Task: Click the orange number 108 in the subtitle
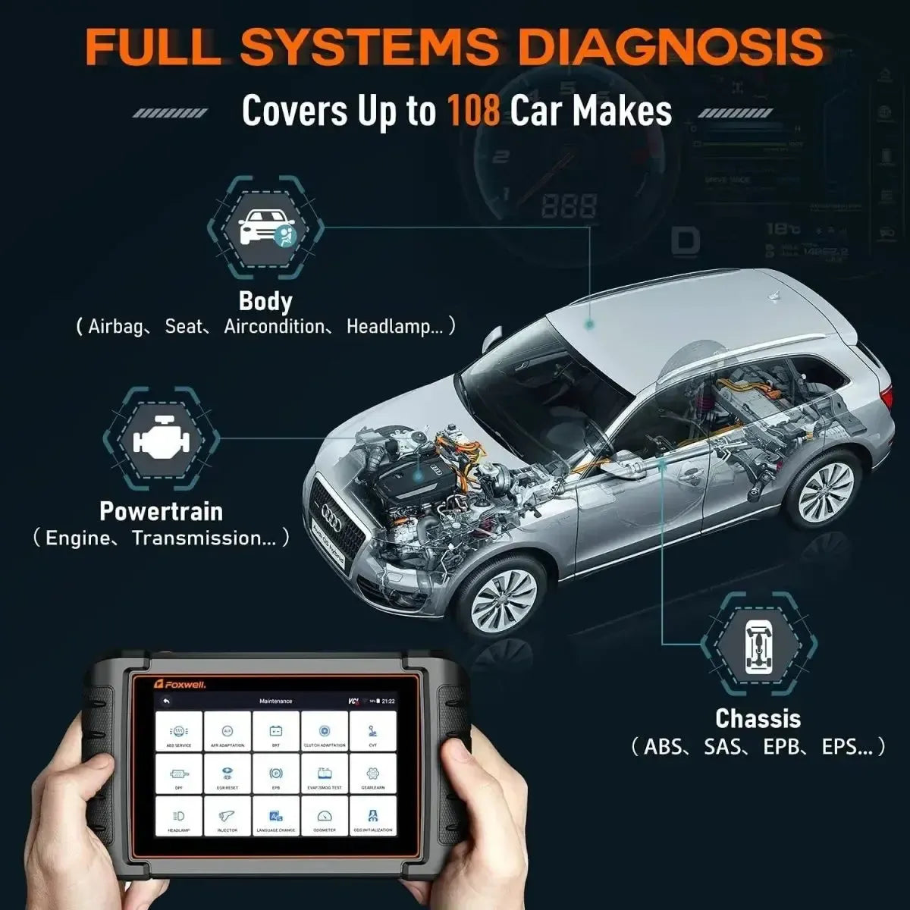(x=473, y=111)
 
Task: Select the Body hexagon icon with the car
(x=265, y=227)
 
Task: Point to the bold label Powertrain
(x=161, y=511)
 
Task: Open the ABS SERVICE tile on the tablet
(x=179, y=733)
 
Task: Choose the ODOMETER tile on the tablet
(x=325, y=817)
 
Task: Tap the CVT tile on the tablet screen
(x=372, y=733)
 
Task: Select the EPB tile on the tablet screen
(x=276, y=775)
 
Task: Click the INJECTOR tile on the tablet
(x=227, y=817)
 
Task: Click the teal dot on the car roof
(x=589, y=324)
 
